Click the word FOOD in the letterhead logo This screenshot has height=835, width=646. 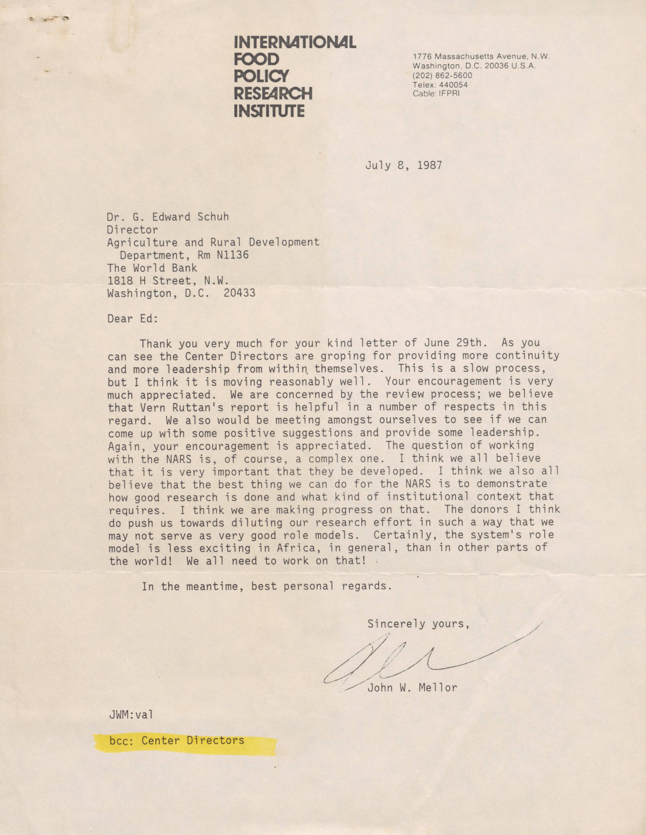257,59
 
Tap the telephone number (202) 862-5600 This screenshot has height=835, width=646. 442,75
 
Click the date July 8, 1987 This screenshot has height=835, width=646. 403,165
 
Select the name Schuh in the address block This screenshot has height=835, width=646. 212,217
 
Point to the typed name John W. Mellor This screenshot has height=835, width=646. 412,688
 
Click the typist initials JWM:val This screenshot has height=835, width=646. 131,715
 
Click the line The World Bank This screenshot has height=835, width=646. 152,268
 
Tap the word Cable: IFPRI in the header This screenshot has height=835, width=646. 436,94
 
